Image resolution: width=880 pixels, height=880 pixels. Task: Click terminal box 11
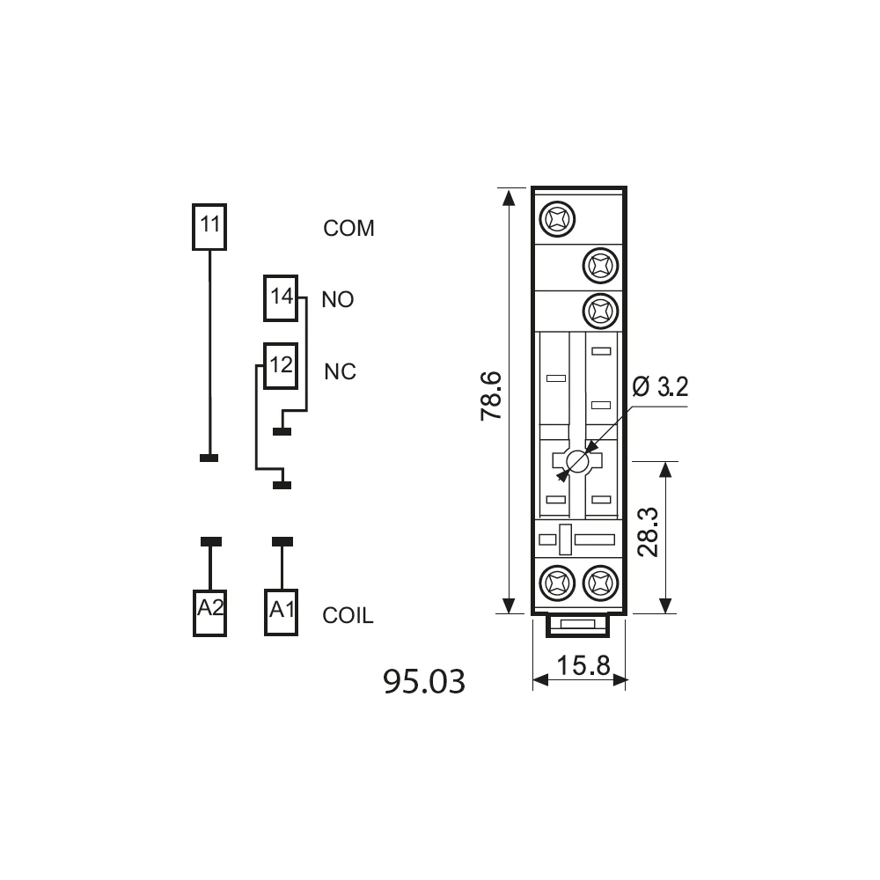tap(209, 227)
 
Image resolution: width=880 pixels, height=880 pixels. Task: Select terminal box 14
tap(281, 298)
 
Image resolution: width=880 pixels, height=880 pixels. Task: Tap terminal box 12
tap(281, 366)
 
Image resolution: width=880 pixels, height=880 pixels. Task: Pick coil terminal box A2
tap(209, 612)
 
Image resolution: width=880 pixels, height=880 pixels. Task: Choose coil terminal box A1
tap(282, 612)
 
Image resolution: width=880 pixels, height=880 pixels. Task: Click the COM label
tap(348, 229)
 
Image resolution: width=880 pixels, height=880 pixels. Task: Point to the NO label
tap(337, 300)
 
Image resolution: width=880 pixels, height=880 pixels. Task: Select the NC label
tap(340, 371)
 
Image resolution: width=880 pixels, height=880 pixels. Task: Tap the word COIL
tap(348, 616)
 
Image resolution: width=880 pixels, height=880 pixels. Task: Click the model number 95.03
tap(424, 681)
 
